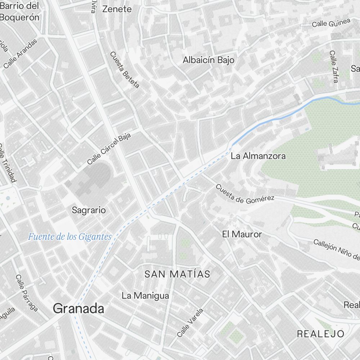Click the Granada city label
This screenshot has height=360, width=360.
coord(78,309)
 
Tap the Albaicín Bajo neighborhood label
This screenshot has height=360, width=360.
coord(208,60)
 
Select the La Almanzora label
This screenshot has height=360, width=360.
coord(258,156)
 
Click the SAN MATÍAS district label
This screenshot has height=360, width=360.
coord(177,274)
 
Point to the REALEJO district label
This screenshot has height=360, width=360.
coord(320,334)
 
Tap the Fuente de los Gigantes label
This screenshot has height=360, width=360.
coord(70,237)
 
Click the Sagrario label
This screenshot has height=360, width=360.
coord(89,210)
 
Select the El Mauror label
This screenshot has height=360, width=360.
coord(242,234)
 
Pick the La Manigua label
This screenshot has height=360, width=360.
coord(145,296)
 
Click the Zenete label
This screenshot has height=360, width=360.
coord(117,9)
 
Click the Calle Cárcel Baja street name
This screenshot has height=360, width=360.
coord(109,148)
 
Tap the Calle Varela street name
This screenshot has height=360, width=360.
coord(190,323)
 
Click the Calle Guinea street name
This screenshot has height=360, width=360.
coord(331,23)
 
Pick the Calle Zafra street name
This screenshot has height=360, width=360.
coord(334,67)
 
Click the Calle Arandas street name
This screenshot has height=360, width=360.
coord(20,54)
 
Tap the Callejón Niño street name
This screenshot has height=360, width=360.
coord(336,249)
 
